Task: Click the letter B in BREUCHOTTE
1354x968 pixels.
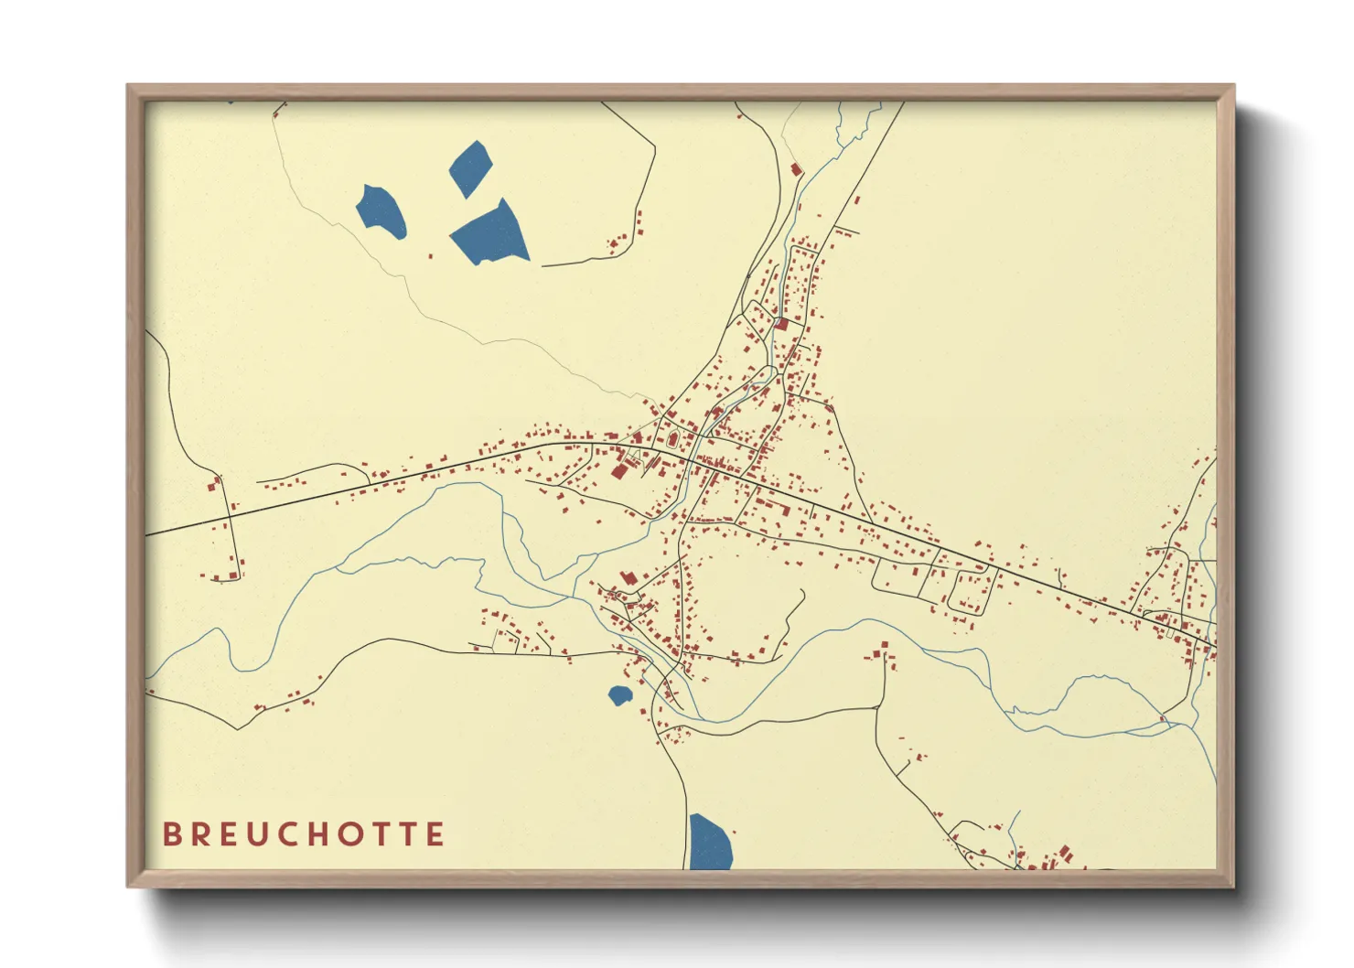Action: (x=171, y=834)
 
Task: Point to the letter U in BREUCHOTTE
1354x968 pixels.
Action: (x=269, y=834)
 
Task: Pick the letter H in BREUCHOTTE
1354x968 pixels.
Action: (x=337, y=834)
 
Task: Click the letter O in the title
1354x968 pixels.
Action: (x=371, y=834)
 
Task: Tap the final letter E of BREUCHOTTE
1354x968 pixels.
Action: (x=435, y=834)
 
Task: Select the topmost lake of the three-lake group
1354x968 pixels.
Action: (x=471, y=167)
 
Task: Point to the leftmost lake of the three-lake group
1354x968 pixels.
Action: (x=381, y=211)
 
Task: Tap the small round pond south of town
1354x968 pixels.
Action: (x=620, y=695)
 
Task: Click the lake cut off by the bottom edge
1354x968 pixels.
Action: (x=709, y=844)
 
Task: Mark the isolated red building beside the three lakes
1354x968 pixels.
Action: (x=431, y=257)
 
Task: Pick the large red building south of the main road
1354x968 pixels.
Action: (x=619, y=470)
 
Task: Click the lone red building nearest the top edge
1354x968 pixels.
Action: (x=795, y=169)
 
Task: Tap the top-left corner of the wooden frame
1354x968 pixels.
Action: (x=129, y=87)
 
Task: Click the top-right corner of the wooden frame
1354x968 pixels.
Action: (x=1232, y=87)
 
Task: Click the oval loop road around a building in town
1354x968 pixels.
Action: (x=972, y=591)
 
